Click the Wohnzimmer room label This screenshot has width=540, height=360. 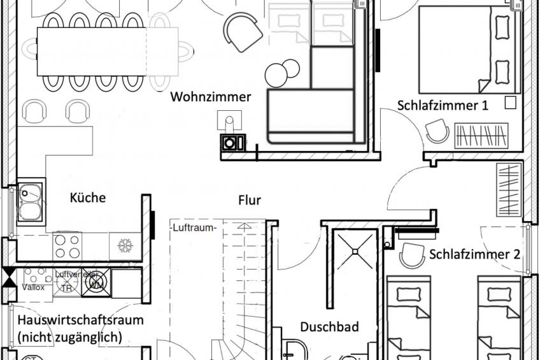(211, 97)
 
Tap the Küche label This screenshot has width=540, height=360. (88, 198)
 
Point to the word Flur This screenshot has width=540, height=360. (250, 200)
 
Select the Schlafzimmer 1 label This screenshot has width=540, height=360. (443, 106)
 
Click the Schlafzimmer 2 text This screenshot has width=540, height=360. (474, 254)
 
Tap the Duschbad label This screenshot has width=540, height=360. (329, 327)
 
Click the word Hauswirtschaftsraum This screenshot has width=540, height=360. (80, 320)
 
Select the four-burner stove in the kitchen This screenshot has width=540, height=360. (67, 246)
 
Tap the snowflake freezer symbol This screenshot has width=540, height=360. (124, 246)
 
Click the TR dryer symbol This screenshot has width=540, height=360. (66, 287)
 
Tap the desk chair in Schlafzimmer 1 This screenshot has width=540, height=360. (437, 132)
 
